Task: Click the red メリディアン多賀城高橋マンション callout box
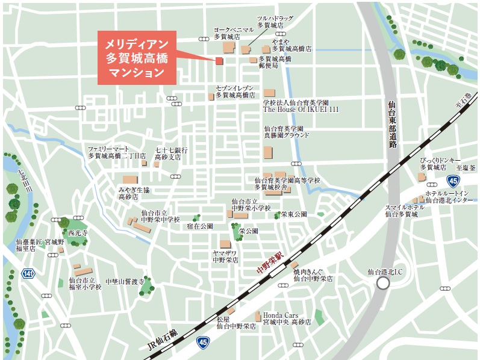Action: pyautogui.click(x=137, y=58)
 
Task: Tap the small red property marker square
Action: pyautogui.click(x=219, y=61)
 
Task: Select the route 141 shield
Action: pyautogui.click(x=28, y=273)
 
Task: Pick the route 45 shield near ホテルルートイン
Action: pyautogui.click(x=454, y=181)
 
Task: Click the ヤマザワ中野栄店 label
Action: pyautogui.click(x=226, y=257)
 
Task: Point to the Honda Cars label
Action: pyautogui.click(x=281, y=315)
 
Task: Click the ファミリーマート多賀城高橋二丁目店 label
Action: pyautogui.click(x=117, y=152)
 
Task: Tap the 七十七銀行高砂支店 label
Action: pyautogui.click(x=172, y=153)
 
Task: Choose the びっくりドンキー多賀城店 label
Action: pyautogui.click(x=437, y=163)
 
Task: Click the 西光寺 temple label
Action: pyautogui.click(x=78, y=232)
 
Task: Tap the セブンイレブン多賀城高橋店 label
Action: pyautogui.click(x=236, y=92)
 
